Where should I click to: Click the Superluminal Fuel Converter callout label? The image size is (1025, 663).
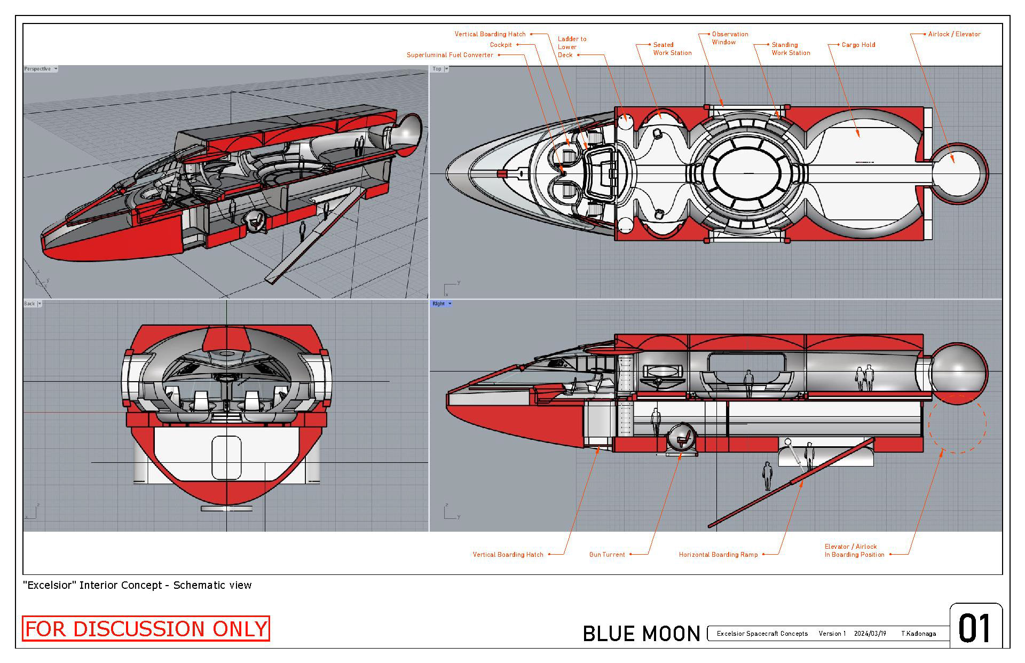[x=450, y=55]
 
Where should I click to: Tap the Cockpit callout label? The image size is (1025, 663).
[x=501, y=45]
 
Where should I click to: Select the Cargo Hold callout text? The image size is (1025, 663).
[x=858, y=45]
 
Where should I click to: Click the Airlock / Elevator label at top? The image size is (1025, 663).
[x=954, y=34]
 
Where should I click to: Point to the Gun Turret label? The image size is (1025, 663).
[x=607, y=555]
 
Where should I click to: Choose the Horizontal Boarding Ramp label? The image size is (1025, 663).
[x=718, y=555]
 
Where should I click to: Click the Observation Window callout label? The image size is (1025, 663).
[x=730, y=38]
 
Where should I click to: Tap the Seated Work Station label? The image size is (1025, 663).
[x=672, y=49]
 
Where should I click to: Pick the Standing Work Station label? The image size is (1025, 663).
[x=791, y=49]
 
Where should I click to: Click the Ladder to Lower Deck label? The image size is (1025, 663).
[x=572, y=47]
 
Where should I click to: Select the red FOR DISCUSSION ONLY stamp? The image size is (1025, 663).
[x=146, y=629]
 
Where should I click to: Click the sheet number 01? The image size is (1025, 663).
[x=975, y=628]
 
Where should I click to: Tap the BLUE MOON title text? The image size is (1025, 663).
[x=641, y=634]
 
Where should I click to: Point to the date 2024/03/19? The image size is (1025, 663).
[x=870, y=634]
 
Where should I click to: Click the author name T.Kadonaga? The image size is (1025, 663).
[x=918, y=634]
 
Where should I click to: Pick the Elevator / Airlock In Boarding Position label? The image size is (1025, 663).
[x=854, y=550]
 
